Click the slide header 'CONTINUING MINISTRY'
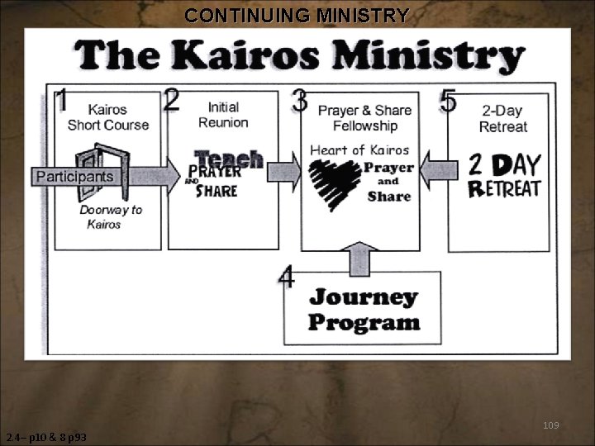[297, 15]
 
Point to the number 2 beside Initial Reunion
[173, 99]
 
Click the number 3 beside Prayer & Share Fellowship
[300, 102]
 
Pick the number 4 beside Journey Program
[287, 278]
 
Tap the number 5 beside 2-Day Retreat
[449, 102]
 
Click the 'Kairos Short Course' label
[108, 117]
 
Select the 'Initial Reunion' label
[223, 115]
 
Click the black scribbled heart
[335, 183]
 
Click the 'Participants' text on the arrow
[74, 177]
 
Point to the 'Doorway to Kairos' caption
[110, 216]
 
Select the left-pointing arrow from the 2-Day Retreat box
[438, 171]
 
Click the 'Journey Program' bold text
[364, 309]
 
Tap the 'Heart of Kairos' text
[359, 150]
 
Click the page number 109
[550, 425]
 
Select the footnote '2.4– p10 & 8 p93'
[46, 437]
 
